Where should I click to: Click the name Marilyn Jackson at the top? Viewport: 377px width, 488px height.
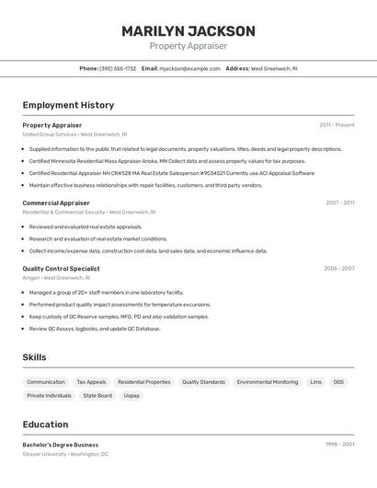tap(188, 30)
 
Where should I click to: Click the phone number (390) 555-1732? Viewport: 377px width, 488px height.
tap(118, 68)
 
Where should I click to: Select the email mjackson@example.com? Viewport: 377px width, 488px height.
tap(189, 68)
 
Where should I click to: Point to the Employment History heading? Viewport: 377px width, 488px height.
tap(68, 105)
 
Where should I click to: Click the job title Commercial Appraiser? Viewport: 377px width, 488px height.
tap(56, 203)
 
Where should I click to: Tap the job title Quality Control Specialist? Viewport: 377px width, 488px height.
tap(61, 269)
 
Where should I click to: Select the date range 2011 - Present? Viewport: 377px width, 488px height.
tap(337, 125)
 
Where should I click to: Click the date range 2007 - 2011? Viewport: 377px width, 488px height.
tap(339, 203)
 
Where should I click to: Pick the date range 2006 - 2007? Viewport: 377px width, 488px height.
tap(338, 269)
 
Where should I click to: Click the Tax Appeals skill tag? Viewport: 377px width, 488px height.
tap(91, 382)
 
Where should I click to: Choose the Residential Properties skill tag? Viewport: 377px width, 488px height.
tap(144, 382)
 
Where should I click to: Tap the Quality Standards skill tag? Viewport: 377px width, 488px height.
tap(203, 382)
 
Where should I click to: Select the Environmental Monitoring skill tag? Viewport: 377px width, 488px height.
tap(268, 382)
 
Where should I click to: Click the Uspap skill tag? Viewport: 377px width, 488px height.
tap(131, 396)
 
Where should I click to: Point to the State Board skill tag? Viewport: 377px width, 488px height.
tap(97, 396)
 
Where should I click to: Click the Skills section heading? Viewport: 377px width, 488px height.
tap(35, 357)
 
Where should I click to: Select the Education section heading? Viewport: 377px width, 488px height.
tap(45, 424)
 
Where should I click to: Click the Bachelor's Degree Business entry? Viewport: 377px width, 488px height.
tap(61, 445)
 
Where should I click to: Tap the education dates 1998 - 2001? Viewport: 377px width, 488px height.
tap(339, 445)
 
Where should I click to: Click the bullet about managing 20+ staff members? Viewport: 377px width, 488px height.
tap(106, 293)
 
